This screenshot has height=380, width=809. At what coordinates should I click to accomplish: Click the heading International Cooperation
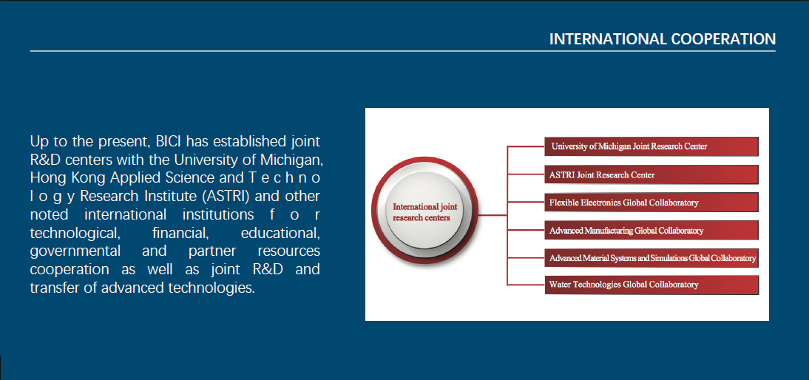(662, 39)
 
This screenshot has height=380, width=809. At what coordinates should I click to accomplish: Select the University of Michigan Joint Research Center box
(651, 146)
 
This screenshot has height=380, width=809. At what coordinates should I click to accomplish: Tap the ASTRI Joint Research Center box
(651, 174)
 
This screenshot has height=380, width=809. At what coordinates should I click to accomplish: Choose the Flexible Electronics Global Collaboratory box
(651, 203)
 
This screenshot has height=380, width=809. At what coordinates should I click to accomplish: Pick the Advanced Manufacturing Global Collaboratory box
(651, 231)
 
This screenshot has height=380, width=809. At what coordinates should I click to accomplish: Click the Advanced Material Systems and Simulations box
(651, 258)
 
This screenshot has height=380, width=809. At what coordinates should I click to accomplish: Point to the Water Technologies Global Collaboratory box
(651, 285)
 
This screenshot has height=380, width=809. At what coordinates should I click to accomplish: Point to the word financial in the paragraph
(180, 233)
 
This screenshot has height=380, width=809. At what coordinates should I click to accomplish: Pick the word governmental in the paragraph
(75, 251)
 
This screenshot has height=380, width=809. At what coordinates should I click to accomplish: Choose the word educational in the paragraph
(281, 233)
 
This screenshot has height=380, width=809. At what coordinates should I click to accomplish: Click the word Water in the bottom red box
(559, 285)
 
